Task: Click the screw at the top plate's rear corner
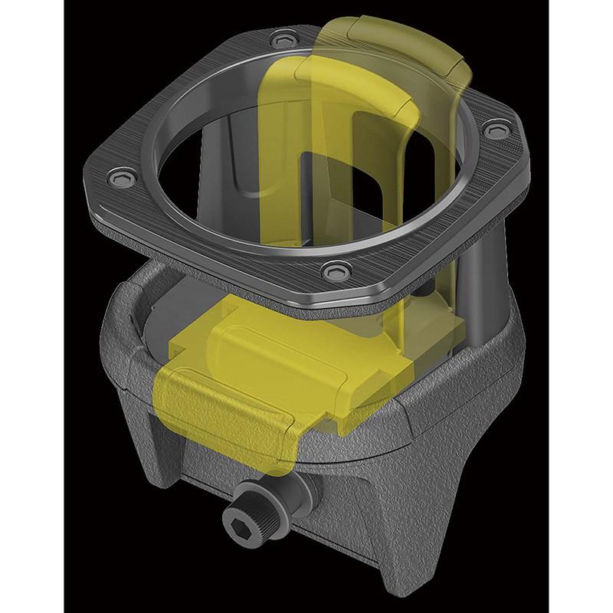tap(287, 37)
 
